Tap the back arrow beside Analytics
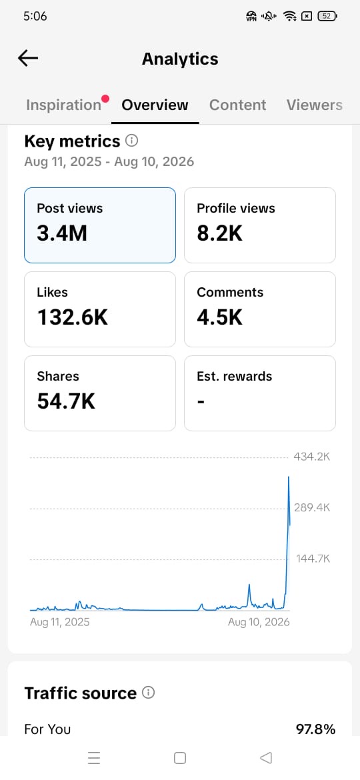click(28, 59)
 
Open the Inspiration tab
click(63, 105)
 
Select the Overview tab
click(155, 105)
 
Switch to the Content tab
click(238, 105)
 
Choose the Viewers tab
click(314, 105)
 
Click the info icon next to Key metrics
click(132, 141)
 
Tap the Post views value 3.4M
click(61, 233)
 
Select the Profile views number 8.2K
click(220, 233)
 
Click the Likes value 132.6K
click(72, 317)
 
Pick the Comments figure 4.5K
click(220, 317)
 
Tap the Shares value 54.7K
click(66, 401)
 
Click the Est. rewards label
click(234, 376)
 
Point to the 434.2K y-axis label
click(313, 457)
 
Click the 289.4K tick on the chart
click(313, 507)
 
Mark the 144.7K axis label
click(313, 558)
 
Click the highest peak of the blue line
click(289, 477)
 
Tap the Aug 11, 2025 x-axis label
click(60, 622)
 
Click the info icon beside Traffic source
click(148, 693)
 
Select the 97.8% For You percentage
click(316, 729)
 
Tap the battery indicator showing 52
click(327, 16)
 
